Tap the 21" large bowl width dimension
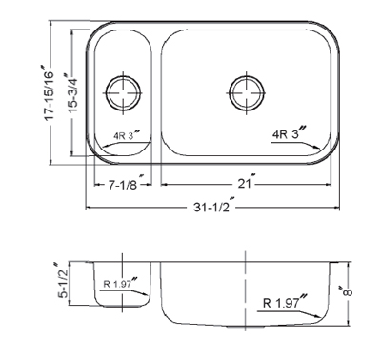pyautogui.click(x=247, y=182)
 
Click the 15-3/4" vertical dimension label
pyautogui.click(x=71, y=93)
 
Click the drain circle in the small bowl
pyautogui.click(x=123, y=93)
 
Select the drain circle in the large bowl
pyautogui.click(x=247, y=93)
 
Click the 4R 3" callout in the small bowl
pyautogui.click(x=127, y=135)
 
